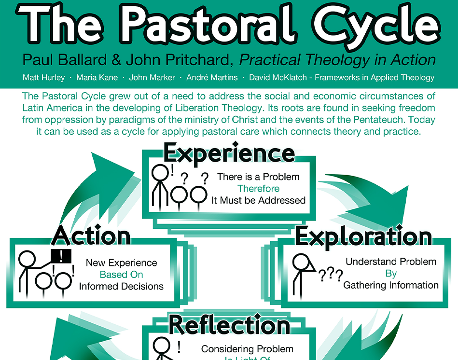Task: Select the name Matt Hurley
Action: [x=43, y=77]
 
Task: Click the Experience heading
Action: [x=229, y=153]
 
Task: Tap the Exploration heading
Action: [x=363, y=235]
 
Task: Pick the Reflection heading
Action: [x=229, y=325]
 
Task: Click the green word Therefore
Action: [x=258, y=189]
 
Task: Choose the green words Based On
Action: [x=121, y=275]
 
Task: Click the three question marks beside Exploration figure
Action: [x=331, y=276]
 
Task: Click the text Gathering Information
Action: [x=390, y=285]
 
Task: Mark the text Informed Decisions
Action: [x=121, y=286]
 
